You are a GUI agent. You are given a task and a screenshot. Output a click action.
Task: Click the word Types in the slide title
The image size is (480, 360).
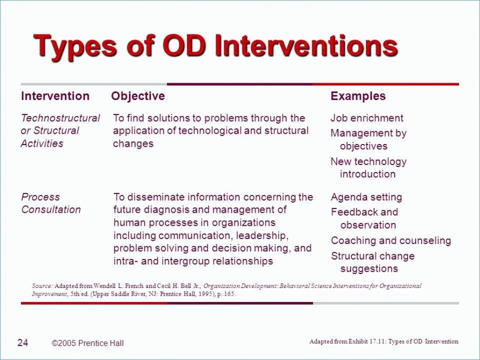point(75,47)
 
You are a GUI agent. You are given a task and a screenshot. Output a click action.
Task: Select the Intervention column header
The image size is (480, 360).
point(55,96)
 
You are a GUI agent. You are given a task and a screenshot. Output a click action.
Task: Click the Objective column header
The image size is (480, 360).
point(138,96)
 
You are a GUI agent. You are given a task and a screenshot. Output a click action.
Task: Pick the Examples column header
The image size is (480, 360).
point(358,96)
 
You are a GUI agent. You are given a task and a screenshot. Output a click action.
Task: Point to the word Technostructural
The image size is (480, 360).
point(60,118)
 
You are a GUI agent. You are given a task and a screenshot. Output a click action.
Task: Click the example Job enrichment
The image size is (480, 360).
point(367,118)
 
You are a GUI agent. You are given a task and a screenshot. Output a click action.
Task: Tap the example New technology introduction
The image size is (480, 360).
point(369,168)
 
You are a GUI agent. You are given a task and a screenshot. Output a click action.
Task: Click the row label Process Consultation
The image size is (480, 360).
point(51,203)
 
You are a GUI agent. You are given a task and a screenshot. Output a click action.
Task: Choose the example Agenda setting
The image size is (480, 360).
point(367,197)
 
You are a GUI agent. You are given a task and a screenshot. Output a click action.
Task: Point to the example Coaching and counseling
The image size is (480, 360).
point(391,241)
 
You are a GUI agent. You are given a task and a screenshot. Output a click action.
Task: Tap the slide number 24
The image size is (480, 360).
point(23,343)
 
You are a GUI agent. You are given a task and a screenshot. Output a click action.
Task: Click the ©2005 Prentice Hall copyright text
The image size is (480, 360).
point(88,343)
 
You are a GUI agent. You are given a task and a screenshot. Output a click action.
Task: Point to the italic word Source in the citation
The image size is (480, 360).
point(42,286)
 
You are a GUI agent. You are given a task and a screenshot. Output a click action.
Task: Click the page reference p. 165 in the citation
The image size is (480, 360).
point(226,294)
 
